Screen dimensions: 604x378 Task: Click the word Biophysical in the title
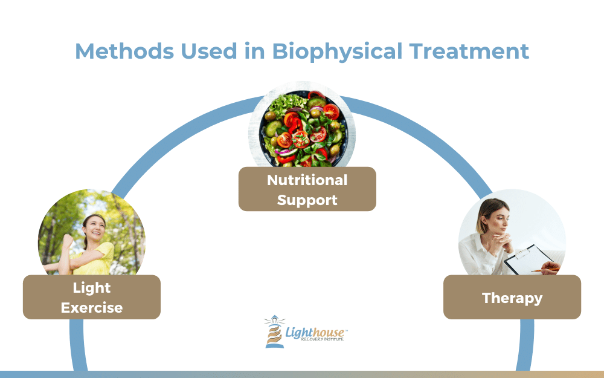pos(338,52)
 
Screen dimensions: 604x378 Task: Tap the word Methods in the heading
pos(124,51)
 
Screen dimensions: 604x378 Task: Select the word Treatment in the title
pos(469,51)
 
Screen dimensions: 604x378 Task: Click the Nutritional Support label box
pos(307,189)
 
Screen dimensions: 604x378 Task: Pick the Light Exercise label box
pos(92,297)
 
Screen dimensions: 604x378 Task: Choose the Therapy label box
pos(512,297)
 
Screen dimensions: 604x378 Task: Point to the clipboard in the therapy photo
pos(528,259)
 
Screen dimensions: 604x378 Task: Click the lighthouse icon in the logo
pos(274,331)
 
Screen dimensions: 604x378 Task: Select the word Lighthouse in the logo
pos(315,332)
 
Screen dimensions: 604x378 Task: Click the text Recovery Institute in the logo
pos(322,339)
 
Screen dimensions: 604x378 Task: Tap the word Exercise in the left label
pos(92,308)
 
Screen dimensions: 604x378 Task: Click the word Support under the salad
pos(307,200)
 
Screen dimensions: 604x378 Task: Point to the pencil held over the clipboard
pos(544,270)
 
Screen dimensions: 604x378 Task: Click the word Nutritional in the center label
pos(307,180)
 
